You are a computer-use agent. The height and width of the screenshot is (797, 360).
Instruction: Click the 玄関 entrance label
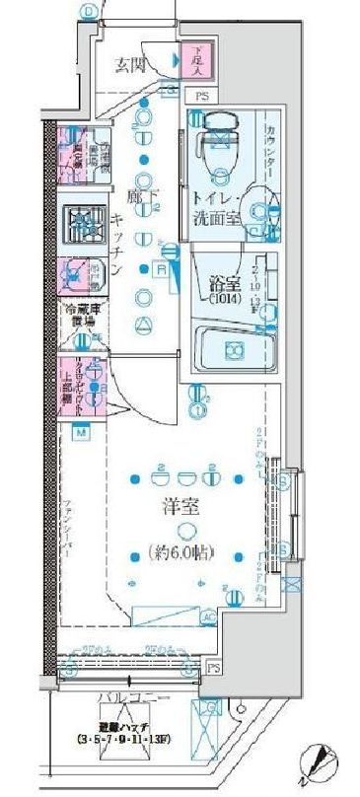point(132,66)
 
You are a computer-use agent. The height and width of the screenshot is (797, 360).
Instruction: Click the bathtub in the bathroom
point(233,349)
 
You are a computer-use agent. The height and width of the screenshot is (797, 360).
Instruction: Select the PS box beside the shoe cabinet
point(201,96)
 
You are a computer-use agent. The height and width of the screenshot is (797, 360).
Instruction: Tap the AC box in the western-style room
point(208,616)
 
